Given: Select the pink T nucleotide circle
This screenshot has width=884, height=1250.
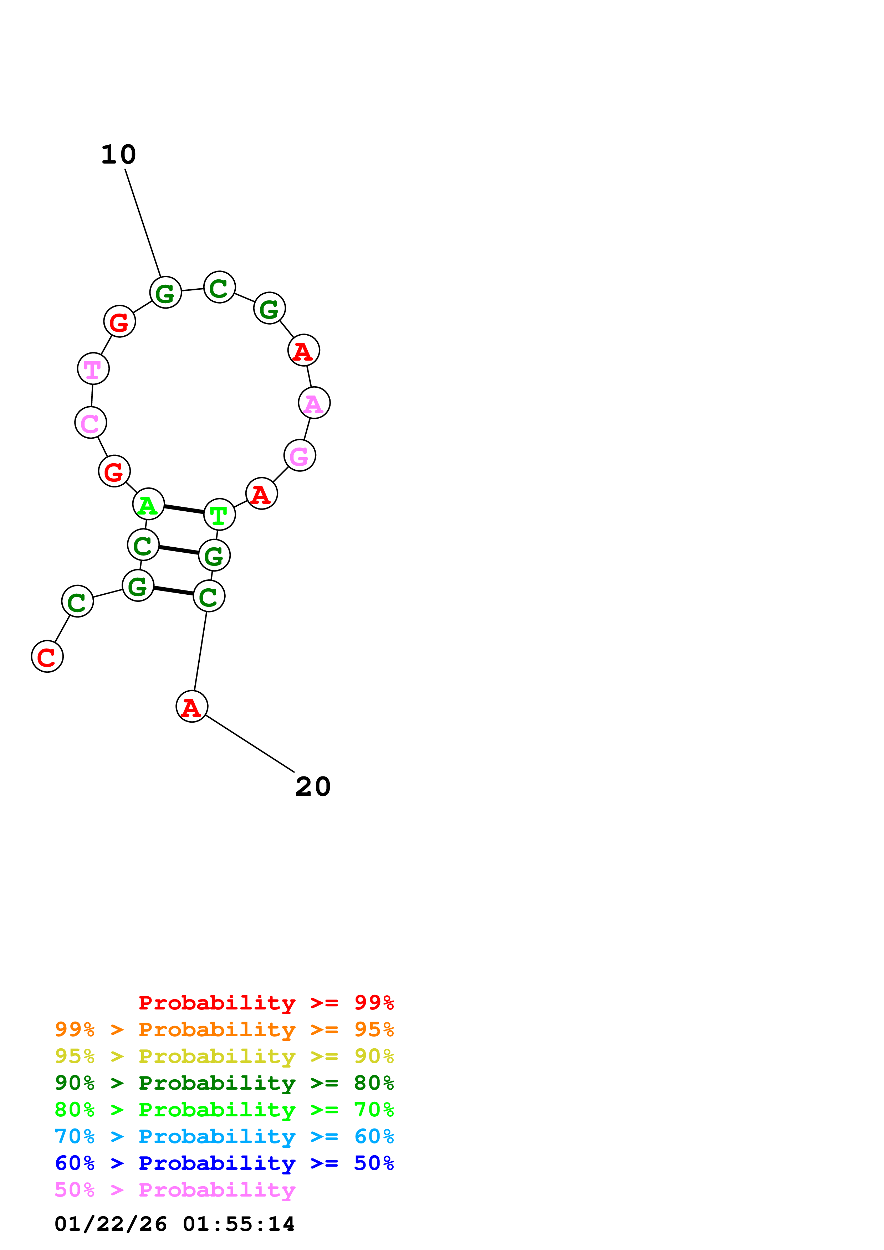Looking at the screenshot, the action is (x=93, y=368).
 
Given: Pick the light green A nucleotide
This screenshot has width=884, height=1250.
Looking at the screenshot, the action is (x=148, y=504).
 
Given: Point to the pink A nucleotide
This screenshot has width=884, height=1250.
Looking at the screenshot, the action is (x=314, y=403).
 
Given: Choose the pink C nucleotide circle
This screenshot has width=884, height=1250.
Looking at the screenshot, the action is (x=91, y=423).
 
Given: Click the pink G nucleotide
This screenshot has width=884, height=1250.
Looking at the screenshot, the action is (x=300, y=455).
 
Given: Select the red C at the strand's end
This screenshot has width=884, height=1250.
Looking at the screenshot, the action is (x=47, y=657).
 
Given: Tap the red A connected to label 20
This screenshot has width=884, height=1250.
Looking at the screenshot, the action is (x=192, y=707).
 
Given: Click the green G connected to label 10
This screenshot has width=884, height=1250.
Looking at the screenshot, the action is (x=165, y=292).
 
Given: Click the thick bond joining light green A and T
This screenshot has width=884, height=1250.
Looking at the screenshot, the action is (x=184, y=509).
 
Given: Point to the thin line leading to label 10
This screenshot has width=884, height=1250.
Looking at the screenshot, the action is (x=143, y=223).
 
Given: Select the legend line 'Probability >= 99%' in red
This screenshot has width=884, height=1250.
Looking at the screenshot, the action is (x=266, y=1003).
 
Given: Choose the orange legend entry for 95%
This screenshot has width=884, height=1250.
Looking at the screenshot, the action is (x=224, y=1029).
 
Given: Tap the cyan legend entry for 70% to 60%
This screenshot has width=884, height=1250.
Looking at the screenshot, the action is (x=224, y=1136).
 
